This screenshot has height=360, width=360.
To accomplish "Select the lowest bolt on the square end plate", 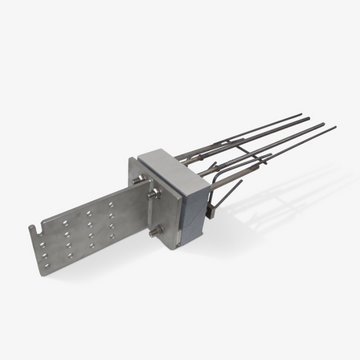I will (x=153, y=235).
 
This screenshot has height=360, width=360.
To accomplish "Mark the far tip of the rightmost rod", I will (x=335, y=126).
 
